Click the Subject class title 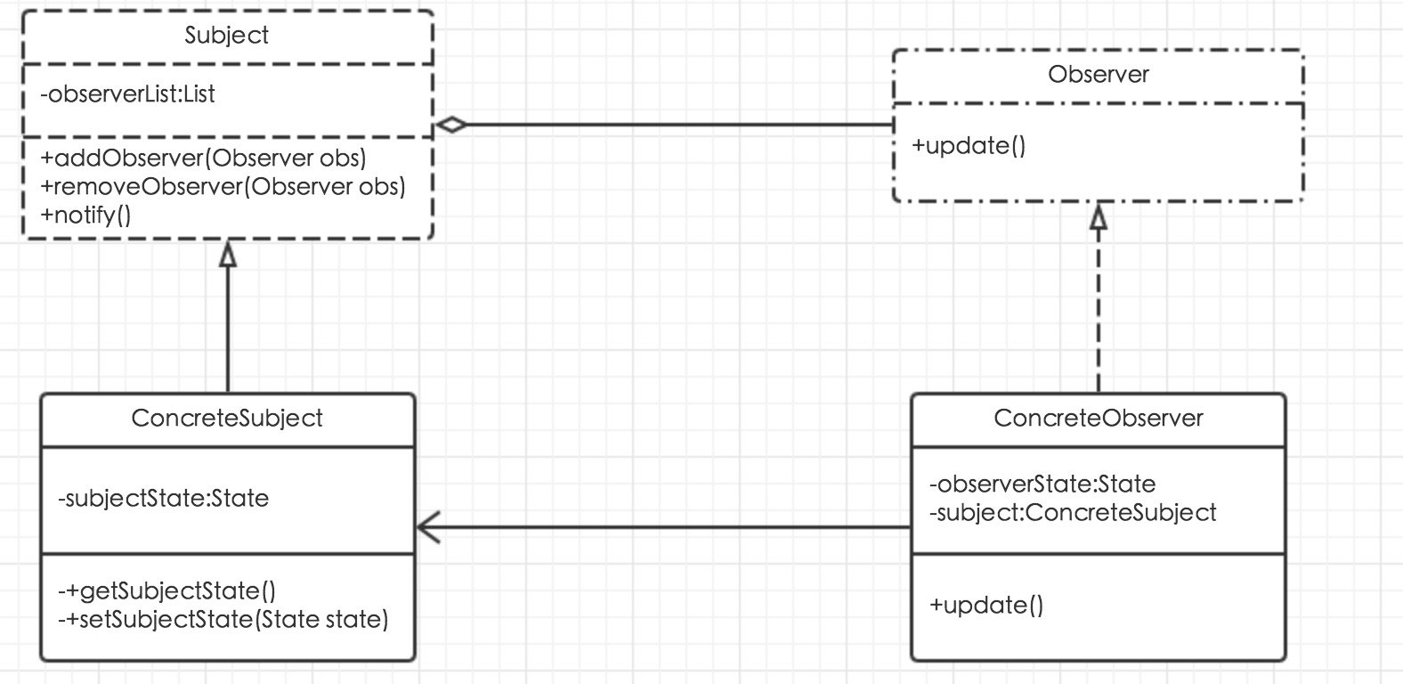[x=227, y=36]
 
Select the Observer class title [x=1099, y=74]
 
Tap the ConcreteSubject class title [x=227, y=419]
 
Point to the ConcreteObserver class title [x=1099, y=418]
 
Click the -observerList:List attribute [x=127, y=94]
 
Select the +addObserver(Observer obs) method [x=203, y=158]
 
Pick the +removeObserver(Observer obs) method [x=223, y=187]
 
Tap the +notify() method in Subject [x=85, y=216]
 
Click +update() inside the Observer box [x=969, y=146]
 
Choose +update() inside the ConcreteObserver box [x=986, y=605]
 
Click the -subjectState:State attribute [x=163, y=499]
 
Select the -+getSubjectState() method [x=166, y=590]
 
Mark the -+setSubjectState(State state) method [x=223, y=620]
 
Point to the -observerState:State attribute [x=1042, y=484]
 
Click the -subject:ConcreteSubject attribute [x=1073, y=513]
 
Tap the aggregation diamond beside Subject [x=451, y=125]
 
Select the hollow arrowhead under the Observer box [x=1099, y=216]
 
